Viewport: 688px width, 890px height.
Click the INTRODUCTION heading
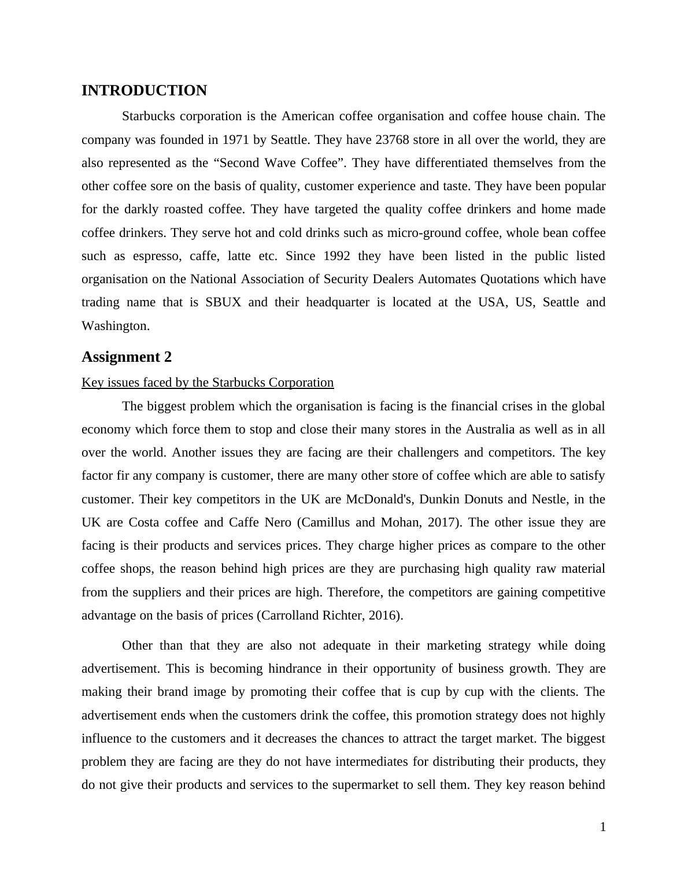pyautogui.click(x=144, y=91)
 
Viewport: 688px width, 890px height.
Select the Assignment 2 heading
pyautogui.click(x=127, y=357)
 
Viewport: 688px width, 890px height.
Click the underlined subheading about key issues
pyautogui.click(x=208, y=383)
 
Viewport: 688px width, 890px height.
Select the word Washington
pyautogui.click(x=114, y=326)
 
